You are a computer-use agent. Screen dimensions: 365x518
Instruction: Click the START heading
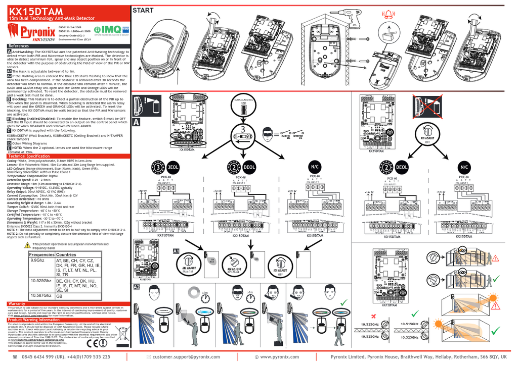click(x=143, y=10)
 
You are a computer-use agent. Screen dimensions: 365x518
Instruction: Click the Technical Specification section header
click(x=29, y=157)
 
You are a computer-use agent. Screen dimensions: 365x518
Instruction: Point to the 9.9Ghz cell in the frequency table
click(x=37, y=260)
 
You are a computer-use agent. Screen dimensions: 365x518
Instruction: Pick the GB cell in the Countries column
click(x=59, y=296)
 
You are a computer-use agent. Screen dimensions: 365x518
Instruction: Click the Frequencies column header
click(x=41, y=255)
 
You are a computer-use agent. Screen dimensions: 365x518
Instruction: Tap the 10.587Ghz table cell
click(x=41, y=296)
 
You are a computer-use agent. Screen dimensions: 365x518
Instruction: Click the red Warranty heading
click(x=17, y=304)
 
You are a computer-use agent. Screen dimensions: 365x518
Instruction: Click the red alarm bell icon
click(x=388, y=15)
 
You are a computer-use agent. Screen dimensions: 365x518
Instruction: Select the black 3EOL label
click(x=173, y=167)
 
